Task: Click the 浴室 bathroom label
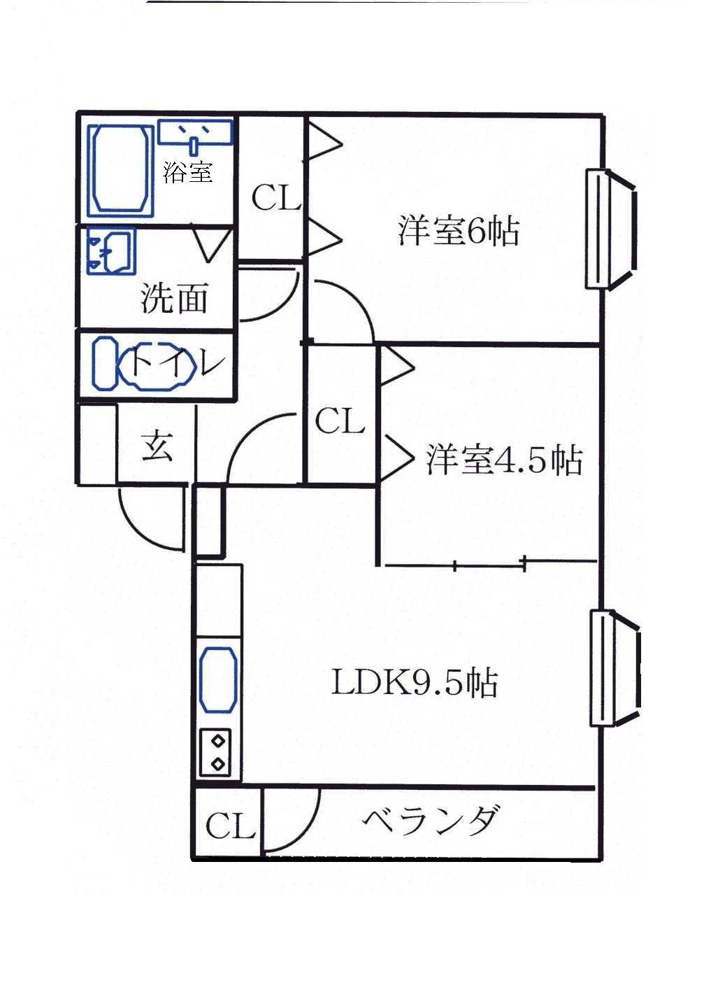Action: coord(187,171)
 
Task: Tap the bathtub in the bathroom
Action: coord(120,170)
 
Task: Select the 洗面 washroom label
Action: coord(175,299)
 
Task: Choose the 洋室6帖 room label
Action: coord(458,232)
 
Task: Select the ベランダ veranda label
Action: coord(431,821)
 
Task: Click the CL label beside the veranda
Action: coord(230,827)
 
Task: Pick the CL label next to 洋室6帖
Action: coord(275,198)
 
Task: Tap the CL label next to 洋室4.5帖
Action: coord(340,422)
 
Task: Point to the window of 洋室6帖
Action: coord(611,228)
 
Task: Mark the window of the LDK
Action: coord(615,668)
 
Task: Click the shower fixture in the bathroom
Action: coord(194,133)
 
